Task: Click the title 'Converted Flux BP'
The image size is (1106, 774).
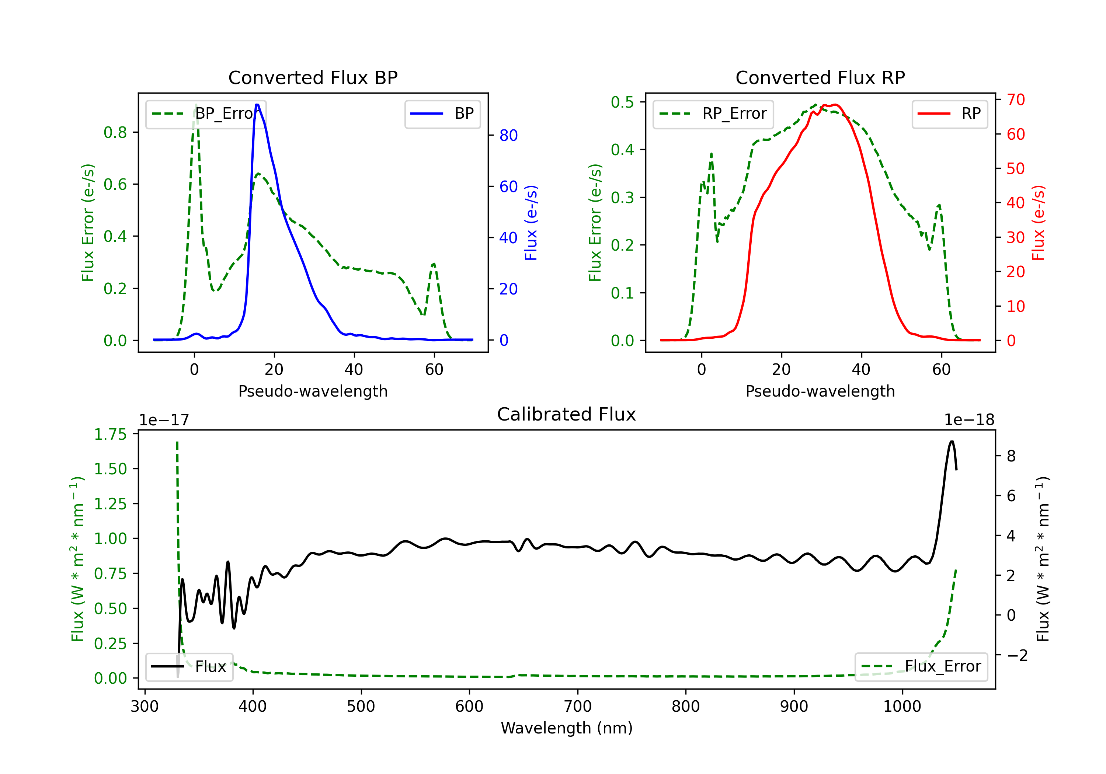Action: point(313,77)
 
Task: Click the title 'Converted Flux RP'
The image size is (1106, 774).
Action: point(820,77)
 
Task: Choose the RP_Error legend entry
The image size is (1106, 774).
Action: point(713,114)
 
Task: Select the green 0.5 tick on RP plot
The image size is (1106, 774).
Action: point(622,102)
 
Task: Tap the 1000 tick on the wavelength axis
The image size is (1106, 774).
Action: point(902,707)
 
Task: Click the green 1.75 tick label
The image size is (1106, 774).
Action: point(110,435)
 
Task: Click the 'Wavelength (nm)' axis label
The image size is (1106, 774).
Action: point(567,728)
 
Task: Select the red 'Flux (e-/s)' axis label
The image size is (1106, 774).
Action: point(1038,223)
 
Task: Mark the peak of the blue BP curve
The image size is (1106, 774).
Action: point(257,105)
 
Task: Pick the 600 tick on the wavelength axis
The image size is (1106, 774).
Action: point(469,707)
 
